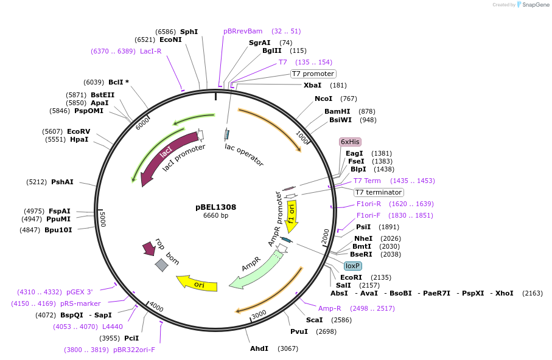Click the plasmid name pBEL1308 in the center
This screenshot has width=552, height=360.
215,207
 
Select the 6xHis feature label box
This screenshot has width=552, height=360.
350,142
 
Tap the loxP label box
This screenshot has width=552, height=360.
352,266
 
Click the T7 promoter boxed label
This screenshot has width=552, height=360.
313,74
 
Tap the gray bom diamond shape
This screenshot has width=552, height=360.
161,265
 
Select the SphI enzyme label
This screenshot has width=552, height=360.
189,32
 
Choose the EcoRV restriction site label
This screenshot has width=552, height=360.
79,131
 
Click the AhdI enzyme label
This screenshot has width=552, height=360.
259,348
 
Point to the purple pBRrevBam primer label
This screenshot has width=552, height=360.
243,31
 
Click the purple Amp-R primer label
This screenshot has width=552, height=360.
329,308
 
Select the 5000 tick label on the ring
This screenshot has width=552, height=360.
103,219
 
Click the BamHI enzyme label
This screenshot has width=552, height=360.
337,111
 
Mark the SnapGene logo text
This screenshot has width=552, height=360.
533,5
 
